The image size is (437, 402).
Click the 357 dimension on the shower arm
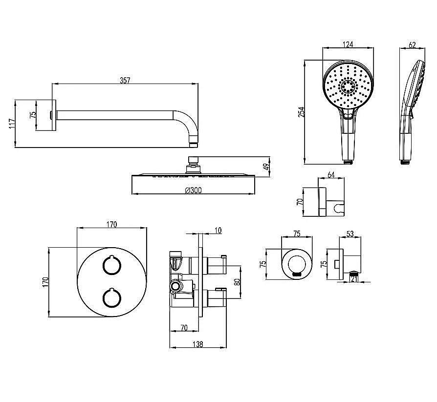[x=125, y=80]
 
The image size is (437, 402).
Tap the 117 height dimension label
[x=12, y=124]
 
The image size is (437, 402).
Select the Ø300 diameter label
[x=193, y=190]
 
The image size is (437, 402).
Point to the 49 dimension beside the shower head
[x=266, y=167]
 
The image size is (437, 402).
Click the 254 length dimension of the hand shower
[x=302, y=112]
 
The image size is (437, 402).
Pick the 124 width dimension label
[x=348, y=44]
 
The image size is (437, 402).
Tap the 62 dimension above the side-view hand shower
[x=412, y=44]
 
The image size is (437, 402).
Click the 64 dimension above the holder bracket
[x=331, y=175]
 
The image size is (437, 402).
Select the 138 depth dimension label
[x=197, y=344]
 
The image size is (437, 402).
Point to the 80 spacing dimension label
[x=238, y=282]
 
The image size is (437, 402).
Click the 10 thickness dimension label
[x=218, y=231]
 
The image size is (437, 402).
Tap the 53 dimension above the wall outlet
[x=350, y=233]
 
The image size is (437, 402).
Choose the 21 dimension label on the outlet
[x=354, y=278]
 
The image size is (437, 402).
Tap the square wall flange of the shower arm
[x=54, y=115]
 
